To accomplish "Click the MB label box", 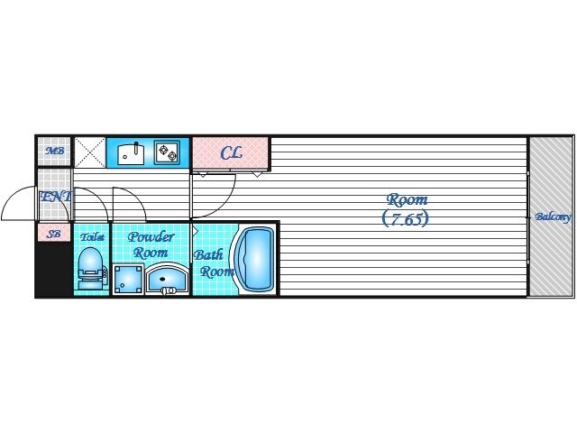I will [x=54, y=151].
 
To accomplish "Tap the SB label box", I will [x=54, y=234].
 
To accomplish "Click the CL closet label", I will [x=231, y=152].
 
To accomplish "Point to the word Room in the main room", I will [x=407, y=199].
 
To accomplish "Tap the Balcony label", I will [x=552, y=216].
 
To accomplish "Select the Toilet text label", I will [x=92, y=236].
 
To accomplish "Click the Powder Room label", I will [x=151, y=244].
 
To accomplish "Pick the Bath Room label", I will [x=215, y=263].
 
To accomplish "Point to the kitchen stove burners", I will [x=167, y=152].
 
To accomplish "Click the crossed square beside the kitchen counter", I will [x=89, y=152].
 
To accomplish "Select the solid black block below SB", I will [x=53, y=270].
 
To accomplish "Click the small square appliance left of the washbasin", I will [x=124, y=281].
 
